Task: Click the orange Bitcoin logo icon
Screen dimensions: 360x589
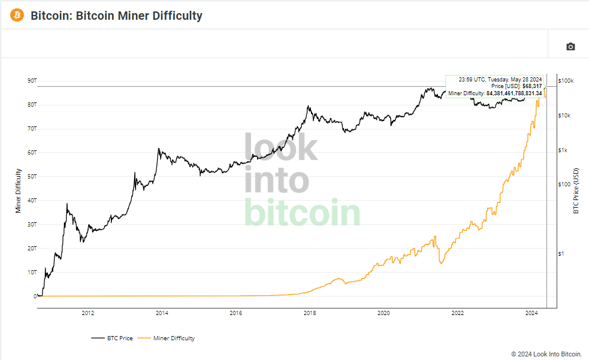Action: [17, 15]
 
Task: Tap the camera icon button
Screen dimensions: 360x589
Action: [570, 47]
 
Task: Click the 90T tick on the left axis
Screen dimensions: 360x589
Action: [32, 80]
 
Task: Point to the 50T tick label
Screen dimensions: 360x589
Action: [32, 176]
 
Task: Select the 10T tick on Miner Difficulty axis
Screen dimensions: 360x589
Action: [32, 272]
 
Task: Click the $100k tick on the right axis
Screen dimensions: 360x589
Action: [566, 80]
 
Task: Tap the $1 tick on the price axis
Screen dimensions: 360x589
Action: [561, 254]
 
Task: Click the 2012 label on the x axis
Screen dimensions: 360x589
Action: [87, 313]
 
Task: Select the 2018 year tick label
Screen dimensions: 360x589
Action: [310, 313]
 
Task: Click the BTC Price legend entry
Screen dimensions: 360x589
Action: [113, 338]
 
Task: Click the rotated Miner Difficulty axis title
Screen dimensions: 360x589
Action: [19, 190]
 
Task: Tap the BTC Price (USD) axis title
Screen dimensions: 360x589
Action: [576, 190]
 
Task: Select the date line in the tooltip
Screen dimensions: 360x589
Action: [500, 79]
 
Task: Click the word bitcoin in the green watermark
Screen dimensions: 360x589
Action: [303, 213]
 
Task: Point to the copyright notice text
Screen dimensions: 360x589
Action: [546, 354]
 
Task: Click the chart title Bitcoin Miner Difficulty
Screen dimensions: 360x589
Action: [116, 16]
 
